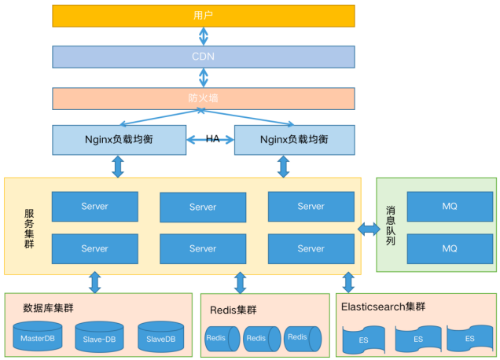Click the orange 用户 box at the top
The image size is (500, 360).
[x=203, y=16]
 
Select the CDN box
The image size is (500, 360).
[x=203, y=57]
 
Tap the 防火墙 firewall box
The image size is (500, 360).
[x=203, y=98]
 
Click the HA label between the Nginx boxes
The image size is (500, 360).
[x=212, y=139]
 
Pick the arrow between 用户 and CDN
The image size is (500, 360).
[x=204, y=36]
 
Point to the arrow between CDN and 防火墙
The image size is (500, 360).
[x=204, y=77]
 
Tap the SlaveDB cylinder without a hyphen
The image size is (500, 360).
[x=160, y=337]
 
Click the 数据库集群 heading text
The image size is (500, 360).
[x=49, y=308]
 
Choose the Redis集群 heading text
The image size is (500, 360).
[x=233, y=310]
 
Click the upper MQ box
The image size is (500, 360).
[x=450, y=207]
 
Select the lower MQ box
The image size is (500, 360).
[x=450, y=248]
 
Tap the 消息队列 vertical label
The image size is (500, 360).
[x=391, y=226]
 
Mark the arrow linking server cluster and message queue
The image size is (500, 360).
[x=369, y=229]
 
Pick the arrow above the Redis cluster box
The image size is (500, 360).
[x=240, y=283]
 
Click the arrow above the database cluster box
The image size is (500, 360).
[x=95, y=282]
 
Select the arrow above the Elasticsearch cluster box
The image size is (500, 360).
[x=348, y=282]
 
